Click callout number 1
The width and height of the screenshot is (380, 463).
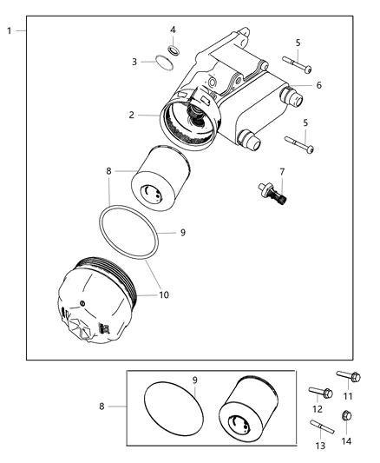pos(9,31)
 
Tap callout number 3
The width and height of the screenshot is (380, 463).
pos(135,62)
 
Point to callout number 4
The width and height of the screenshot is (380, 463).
pos(173,30)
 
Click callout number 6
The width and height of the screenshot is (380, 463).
pos(318,85)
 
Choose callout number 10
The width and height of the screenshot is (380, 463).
pos(164,295)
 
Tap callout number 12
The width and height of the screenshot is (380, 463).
pos(318,409)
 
